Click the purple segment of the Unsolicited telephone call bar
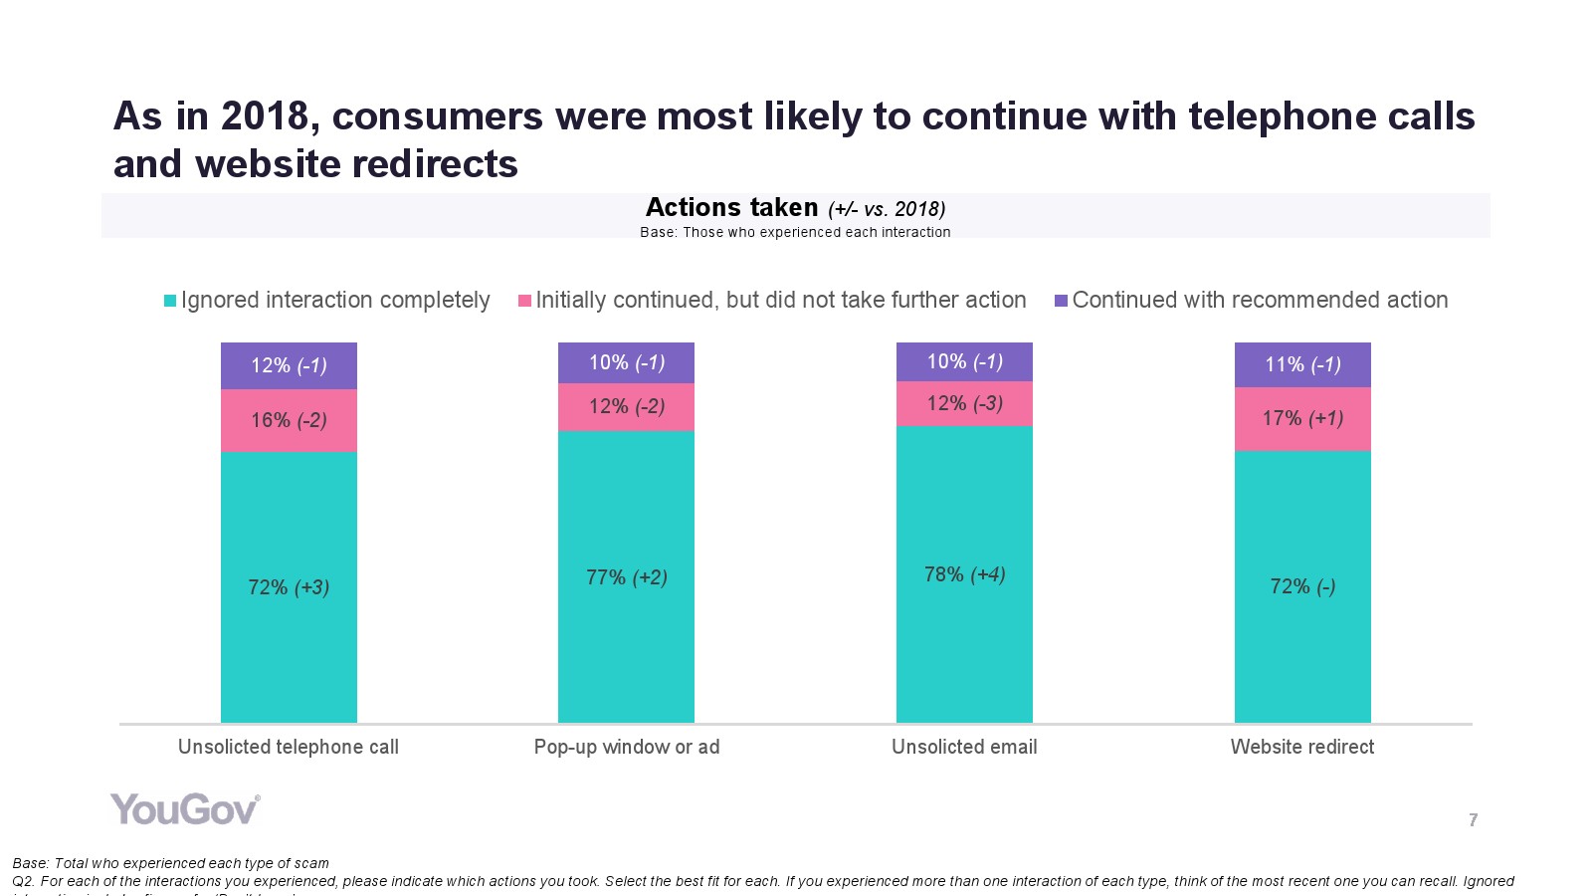point(289,365)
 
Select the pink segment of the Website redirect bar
point(1302,419)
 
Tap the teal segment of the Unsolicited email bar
point(964,597)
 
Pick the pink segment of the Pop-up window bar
point(626,407)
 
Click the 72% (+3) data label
point(289,587)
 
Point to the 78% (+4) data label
point(964,574)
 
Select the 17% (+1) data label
point(1302,418)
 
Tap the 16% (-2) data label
point(289,420)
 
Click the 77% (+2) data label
point(626,577)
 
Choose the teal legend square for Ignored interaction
point(170,301)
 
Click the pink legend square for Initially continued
point(524,301)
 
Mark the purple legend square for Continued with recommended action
point(1061,301)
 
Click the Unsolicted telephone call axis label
point(288,747)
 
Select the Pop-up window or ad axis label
point(626,747)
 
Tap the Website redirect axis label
point(1301,747)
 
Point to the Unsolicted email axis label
point(964,747)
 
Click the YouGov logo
point(185,809)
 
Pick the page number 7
point(1473,820)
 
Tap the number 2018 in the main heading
point(265,116)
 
